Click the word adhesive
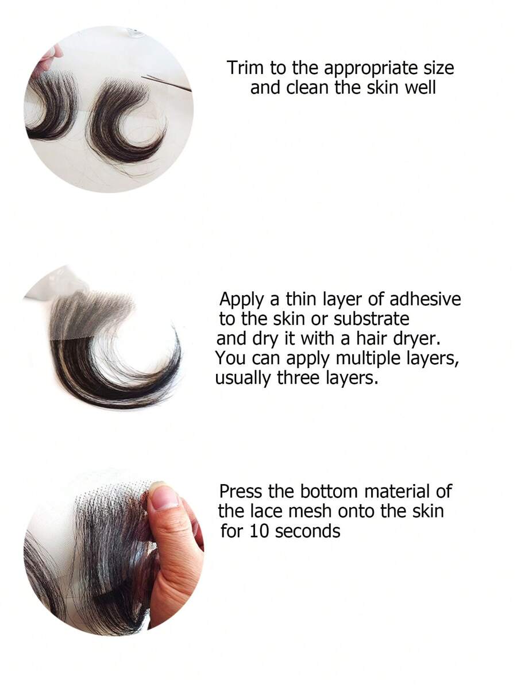(425, 299)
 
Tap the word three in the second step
(297, 378)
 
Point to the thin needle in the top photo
(167, 83)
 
